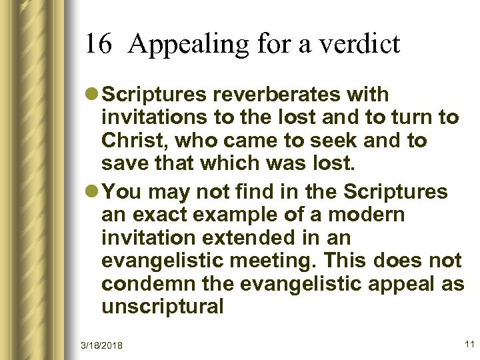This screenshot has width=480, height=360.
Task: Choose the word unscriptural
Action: pos(163,307)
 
